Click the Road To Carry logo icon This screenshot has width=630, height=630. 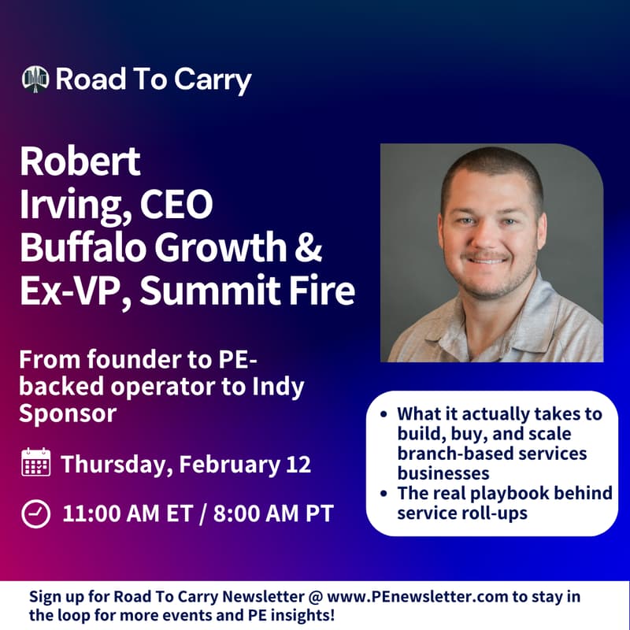[x=36, y=79]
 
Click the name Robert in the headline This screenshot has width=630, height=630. [x=80, y=162]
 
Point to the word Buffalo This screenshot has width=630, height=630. [x=80, y=248]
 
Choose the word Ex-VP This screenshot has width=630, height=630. [x=68, y=291]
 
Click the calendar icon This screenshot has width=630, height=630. [x=35, y=463]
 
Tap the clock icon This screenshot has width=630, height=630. [x=35, y=513]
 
